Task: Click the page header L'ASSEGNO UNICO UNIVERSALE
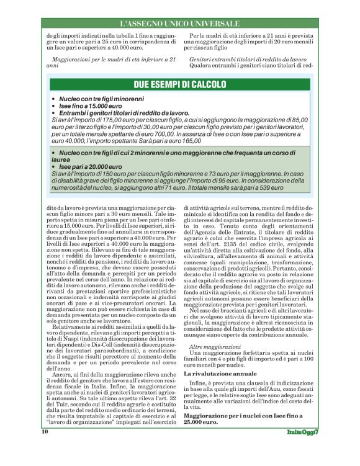(179, 24)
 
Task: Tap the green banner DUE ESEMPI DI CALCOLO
(179, 85)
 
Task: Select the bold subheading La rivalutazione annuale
(220, 375)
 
